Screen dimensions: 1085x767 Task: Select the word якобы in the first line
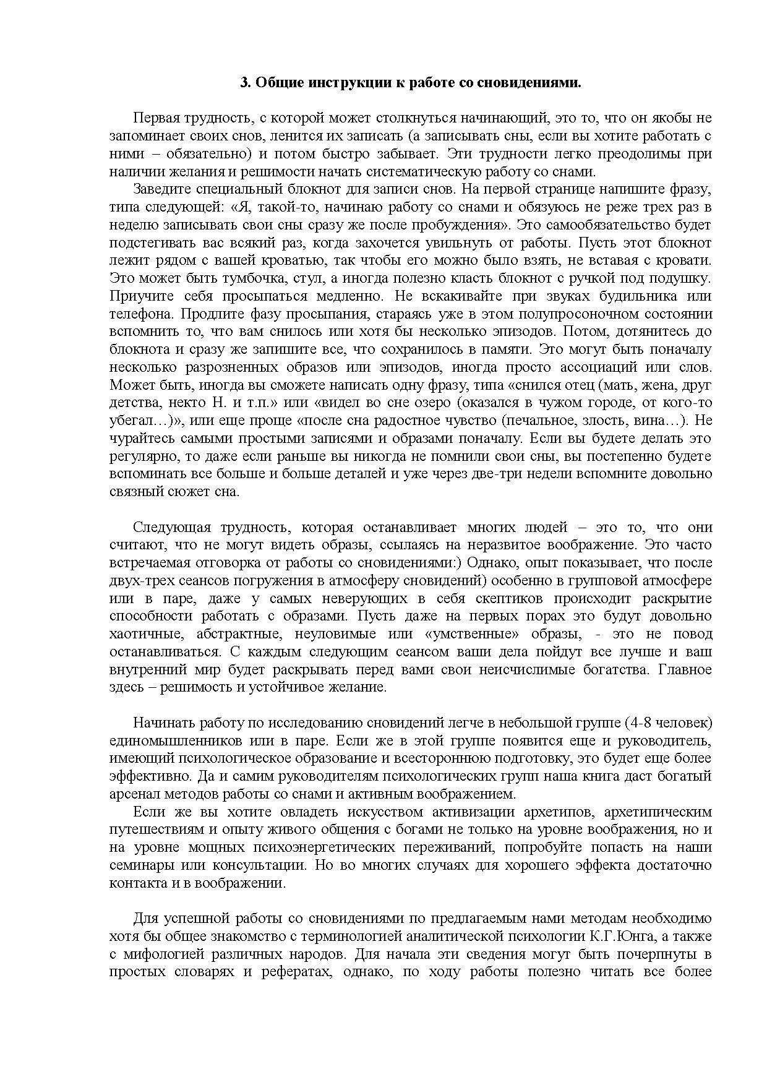(x=674, y=118)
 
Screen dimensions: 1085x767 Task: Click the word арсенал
(x=133, y=794)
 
